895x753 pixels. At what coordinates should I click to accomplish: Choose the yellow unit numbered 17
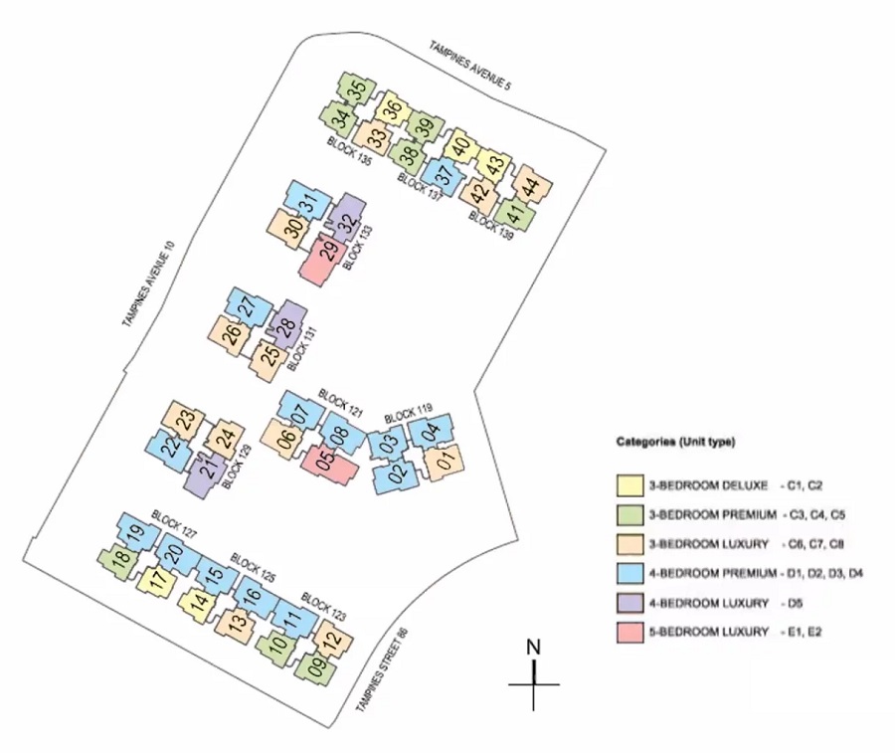coord(155,581)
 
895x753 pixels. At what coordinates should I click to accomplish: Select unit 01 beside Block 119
coord(445,461)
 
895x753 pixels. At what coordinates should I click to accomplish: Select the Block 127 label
coord(174,524)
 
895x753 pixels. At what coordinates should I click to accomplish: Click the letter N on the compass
coord(533,646)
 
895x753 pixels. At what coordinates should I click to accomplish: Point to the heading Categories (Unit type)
coord(675,441)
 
